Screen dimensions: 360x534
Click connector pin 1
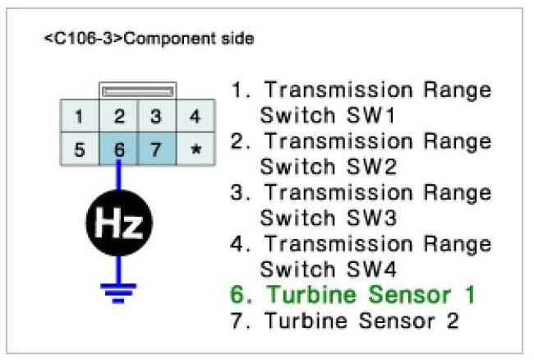pyautogui.click(x=78, y=117)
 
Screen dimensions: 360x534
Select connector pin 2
pyautogui.click(x=119, y=117)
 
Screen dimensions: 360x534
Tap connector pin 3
pyautogui.click(x=155, y=117)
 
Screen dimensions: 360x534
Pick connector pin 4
pyautogui.click(x=195, y=117)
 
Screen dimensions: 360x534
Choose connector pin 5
pyautogui.click(x=78, y=150)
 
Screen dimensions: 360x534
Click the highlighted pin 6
pyautogui.click(x=119, y=150)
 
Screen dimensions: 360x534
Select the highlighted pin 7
pyautogui.click(x=155, y=150)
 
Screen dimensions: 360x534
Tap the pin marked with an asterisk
pyautogui.click(x=195, y=150)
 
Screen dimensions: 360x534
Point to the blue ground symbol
pyautogui.click(x=120, y=290)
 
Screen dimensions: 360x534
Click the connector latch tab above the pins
pyautogui.click(x=136, y=90)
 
